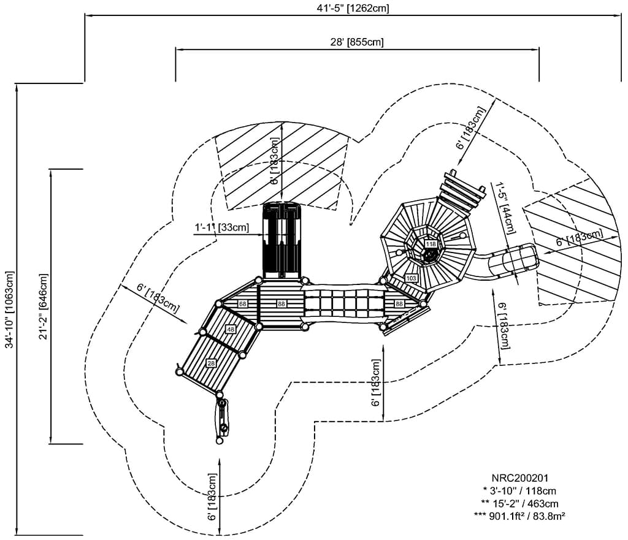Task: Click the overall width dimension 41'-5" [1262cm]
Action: (x=350, y=8)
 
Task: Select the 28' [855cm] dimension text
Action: (x=357, y=42)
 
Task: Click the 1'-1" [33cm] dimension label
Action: (x=221, y=227)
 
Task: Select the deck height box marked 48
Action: (x=231, y=330)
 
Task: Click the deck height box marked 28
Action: (x=212, y=363)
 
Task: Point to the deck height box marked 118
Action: (x=431, y=244)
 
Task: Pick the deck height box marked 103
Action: (x=411, y=278)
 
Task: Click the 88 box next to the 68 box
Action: (x=281, y=304)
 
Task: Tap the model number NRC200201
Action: (x=519, y=477)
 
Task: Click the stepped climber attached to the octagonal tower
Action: (x=460, y=192)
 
